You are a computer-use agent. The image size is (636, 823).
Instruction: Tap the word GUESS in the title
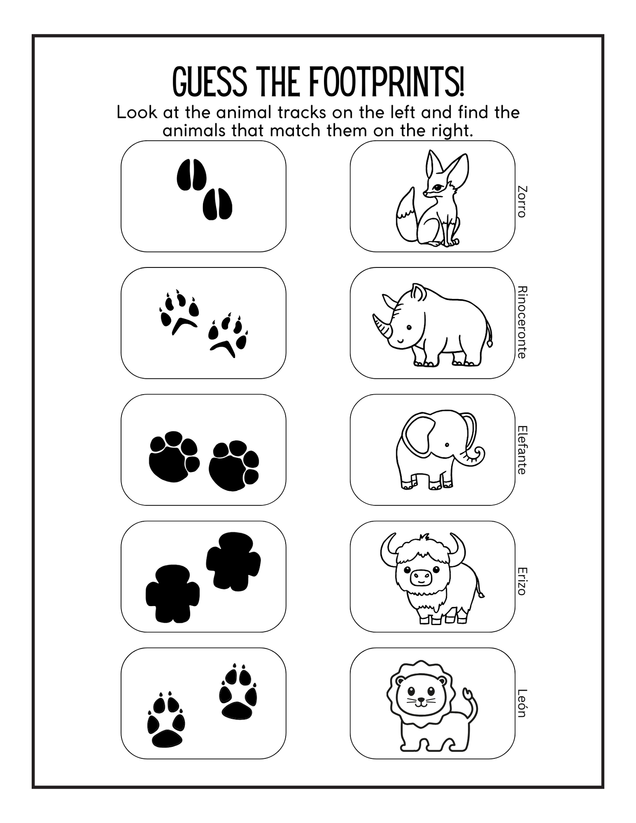click(210, 82)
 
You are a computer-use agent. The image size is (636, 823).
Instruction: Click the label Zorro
click(522, 201)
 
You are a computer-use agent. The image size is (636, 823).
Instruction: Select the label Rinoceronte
click(522, 322)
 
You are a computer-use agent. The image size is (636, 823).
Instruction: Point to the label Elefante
click(522, 450)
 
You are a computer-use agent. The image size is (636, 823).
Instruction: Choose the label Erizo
click(522, 581)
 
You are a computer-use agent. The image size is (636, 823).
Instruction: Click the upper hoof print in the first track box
click(191, 175)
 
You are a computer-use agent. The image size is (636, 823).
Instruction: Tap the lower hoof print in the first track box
click(217, 204)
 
